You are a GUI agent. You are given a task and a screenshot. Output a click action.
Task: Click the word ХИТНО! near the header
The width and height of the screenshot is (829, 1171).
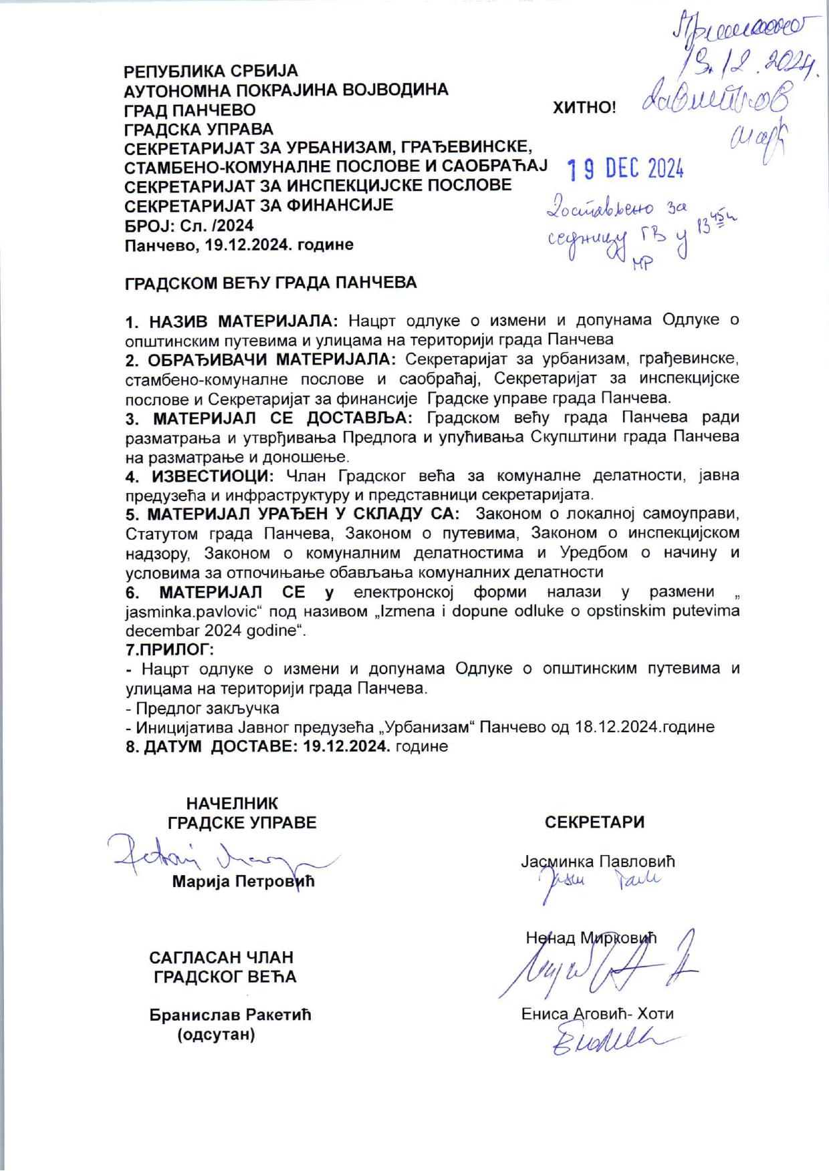pyautogui.click(x=584, y=108)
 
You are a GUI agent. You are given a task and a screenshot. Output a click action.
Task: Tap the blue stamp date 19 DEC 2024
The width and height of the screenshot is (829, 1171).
pyautogui.click(x=625, y=170)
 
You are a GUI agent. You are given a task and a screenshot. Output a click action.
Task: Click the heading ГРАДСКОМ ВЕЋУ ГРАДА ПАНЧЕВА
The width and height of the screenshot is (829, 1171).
pyautogui.click(x=271, y=283)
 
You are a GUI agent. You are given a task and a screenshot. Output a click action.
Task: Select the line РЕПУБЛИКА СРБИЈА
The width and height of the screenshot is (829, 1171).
pyautogui.click(x=211, y=71)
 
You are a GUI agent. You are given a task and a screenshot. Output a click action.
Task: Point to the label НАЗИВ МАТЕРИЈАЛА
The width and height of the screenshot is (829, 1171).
pyautogui.click(x=244, y=320)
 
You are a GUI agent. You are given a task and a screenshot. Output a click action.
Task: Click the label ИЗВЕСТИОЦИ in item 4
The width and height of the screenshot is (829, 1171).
pyautogui.click(x=210, y=476)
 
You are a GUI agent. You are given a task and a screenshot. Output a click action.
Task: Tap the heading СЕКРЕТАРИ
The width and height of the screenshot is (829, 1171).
pyautogui.click(x=594, y=822)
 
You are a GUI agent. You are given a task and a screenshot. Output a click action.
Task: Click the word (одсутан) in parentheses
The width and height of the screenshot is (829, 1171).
pyautogui.click(x=215, y=1035)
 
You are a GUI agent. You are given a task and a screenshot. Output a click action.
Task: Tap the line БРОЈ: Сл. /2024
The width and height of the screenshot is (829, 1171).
pyautogui.click(x=189, y=225)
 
